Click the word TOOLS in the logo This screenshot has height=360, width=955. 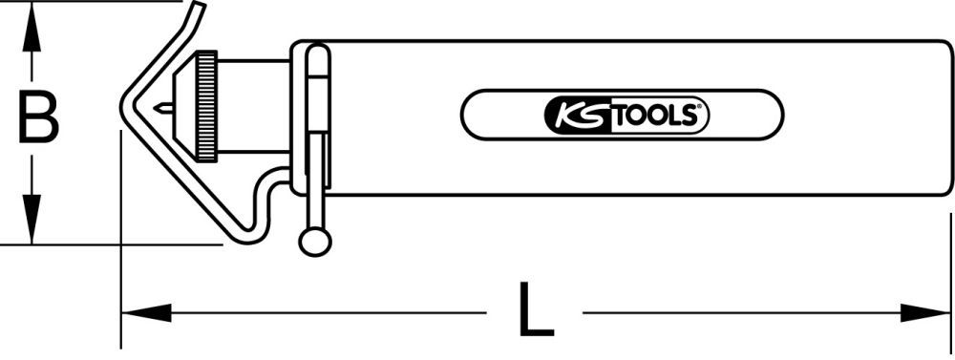click(654, 116)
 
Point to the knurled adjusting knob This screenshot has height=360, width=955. click(205, 105)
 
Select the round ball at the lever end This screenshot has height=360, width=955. click(314, 241)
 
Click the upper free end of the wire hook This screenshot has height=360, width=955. click(198, 8)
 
